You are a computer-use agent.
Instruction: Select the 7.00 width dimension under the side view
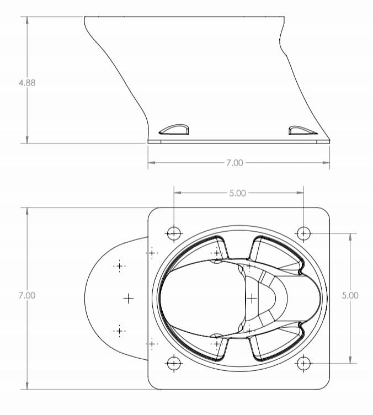tap(234, 163)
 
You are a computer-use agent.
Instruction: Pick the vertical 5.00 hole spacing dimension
tap(350, 295)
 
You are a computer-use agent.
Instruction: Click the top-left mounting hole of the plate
tap(174, 233)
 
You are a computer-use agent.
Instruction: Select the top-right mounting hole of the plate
tap(303, 233)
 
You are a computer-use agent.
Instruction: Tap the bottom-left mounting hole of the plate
tap(174, 363)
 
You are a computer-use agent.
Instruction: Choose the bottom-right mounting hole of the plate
tap(303, 363)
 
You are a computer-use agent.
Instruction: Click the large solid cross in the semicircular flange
tap(128, 299)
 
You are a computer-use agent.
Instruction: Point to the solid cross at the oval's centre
tap(252, 299)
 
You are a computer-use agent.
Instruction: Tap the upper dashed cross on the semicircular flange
tap(119, 266)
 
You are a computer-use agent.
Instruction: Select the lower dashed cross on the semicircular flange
tap(119, 331)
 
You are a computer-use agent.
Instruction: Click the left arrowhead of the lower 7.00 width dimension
tap(151, 163)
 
